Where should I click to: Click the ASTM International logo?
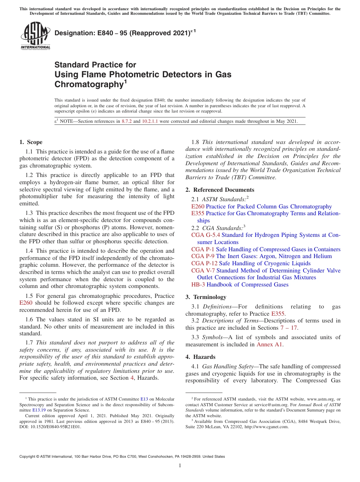pos(35,36)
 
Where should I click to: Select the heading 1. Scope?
pos(31,142)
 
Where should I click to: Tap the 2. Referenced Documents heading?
pos(220,190)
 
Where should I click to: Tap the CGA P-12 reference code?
pos(204,263)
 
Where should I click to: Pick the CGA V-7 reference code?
pos(203,271)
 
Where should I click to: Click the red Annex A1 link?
pos(270,344)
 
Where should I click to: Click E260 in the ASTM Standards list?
pos(198,207)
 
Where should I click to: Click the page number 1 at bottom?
pos(180,466)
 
